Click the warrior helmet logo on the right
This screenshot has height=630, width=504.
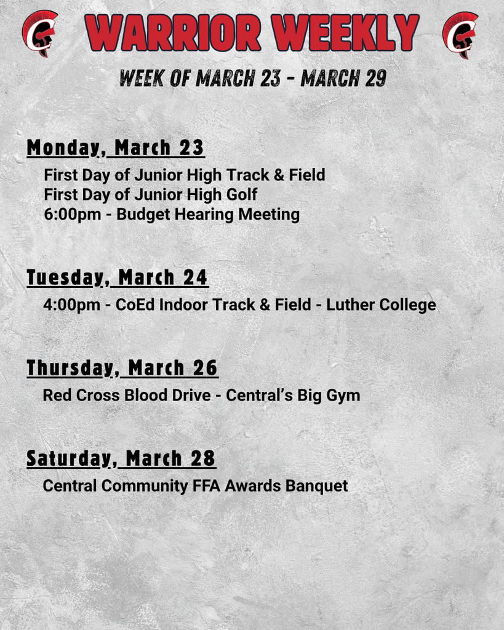pyautogui.click(x=460, y=34)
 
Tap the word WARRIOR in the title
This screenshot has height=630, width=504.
pyautogui.click(x=173, y=33)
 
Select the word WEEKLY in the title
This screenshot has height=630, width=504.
pyautogui.click(x=345, y=33)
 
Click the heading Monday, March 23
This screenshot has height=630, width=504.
pyautogui.click(x=116, y=148)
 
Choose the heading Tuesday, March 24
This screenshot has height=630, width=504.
pyautogui.click(x=118, y=278)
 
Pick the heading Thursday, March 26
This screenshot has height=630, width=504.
pyautogui.click(x=122, y=369)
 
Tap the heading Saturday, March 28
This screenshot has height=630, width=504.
pyautogui.click(x=121, y=459)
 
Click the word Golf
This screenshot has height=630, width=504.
pyautogui.click(x=242, y=194)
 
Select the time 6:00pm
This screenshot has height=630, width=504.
pyautogui.click(x=73, y=215)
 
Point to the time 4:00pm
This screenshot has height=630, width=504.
pyautogui.click(x=71, y=305)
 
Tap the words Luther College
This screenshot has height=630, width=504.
pyautogui.click(x=381, y=305)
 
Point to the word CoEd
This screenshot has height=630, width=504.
pyautogui.click(x=135, y=305)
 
